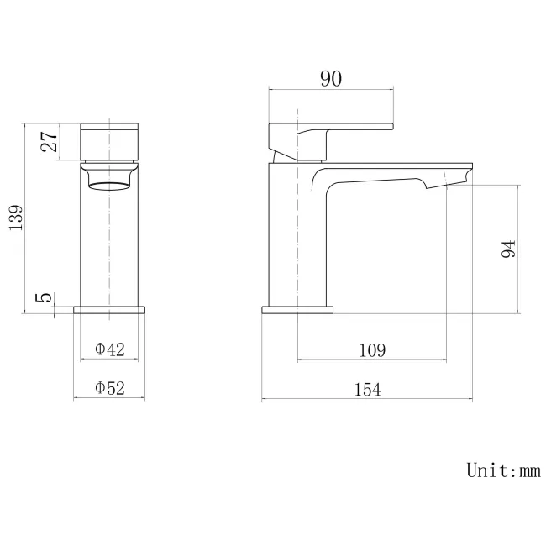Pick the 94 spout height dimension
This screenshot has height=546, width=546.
click(507, 249)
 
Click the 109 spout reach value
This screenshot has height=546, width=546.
click(372, 350)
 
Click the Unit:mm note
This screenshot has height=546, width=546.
click(502, 470)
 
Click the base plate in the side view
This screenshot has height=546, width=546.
click(297, 309)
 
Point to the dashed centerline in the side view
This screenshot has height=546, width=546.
click(297, 336)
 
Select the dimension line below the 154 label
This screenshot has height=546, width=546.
click(366, 399)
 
